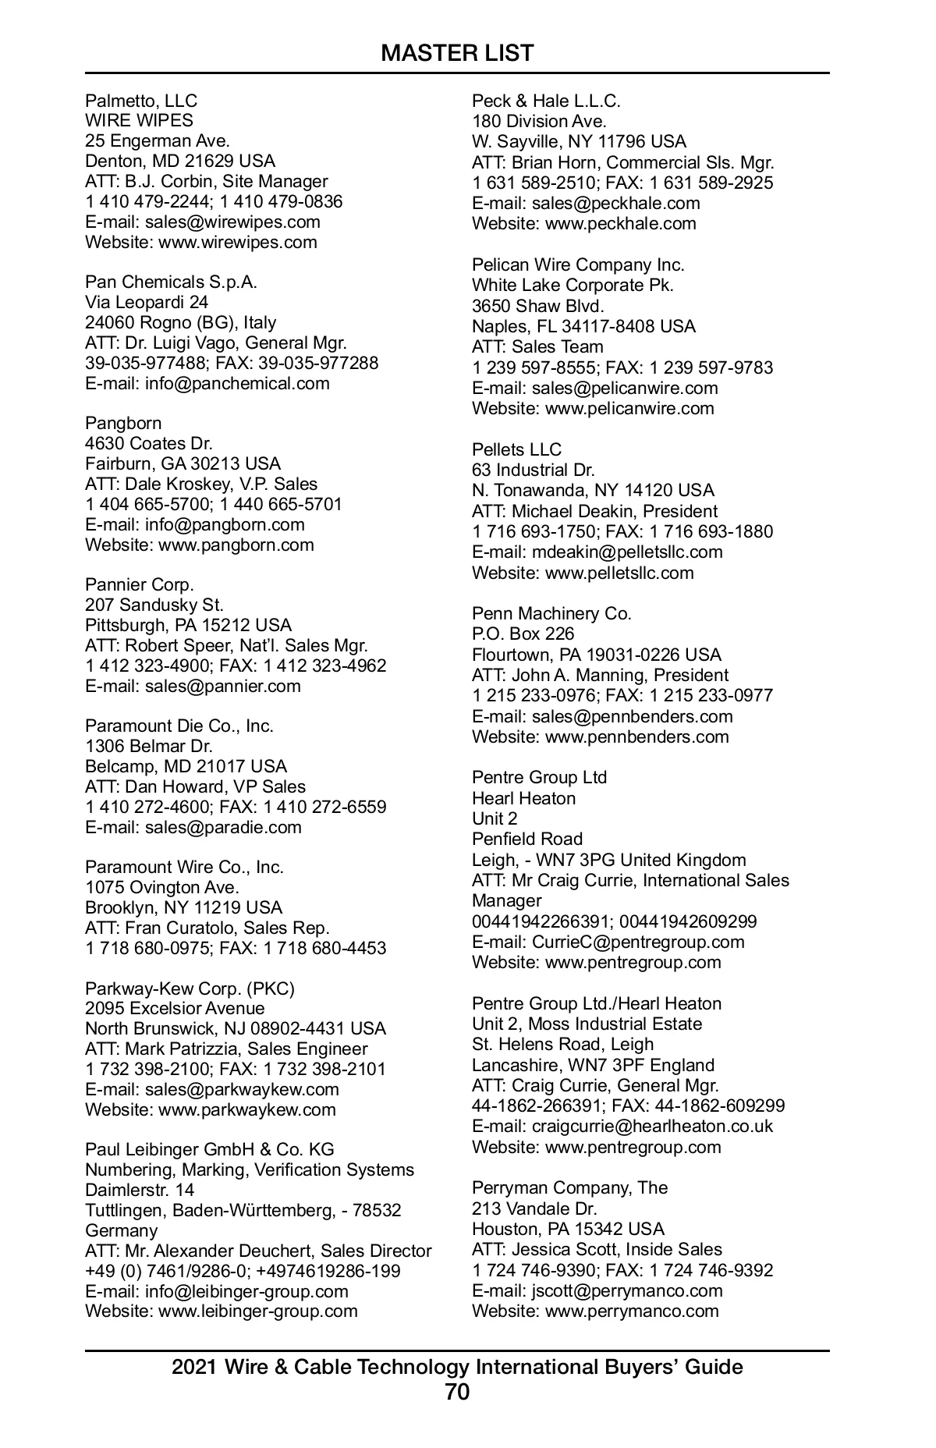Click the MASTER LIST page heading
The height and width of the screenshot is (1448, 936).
tap(457, 53)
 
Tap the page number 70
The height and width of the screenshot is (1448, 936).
tap(457, 1392)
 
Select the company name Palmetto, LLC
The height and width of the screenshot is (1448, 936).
tap(141, 101)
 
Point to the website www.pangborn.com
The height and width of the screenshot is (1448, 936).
tap(236, 545)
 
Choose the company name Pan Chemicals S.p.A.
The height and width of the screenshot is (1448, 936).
tap(171, 282)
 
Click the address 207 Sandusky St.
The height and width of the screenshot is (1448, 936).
tap(154, 605)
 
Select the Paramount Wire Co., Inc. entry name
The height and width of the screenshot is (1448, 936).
tap(184, 867)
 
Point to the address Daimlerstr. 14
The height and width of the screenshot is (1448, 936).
tap(140, 1190)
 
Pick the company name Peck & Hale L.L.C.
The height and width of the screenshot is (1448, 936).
tap(546, 101)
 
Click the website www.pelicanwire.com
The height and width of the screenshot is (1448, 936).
tap(629, 408)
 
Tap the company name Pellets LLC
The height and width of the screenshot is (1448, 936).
tap(516, 449)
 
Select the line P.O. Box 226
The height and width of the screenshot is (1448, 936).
tap(523, 633)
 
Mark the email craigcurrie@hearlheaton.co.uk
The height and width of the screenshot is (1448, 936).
tap(652, 1126)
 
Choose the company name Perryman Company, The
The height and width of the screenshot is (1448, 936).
tap(569, 1187)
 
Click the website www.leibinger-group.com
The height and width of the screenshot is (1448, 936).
tap(258, 1311)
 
